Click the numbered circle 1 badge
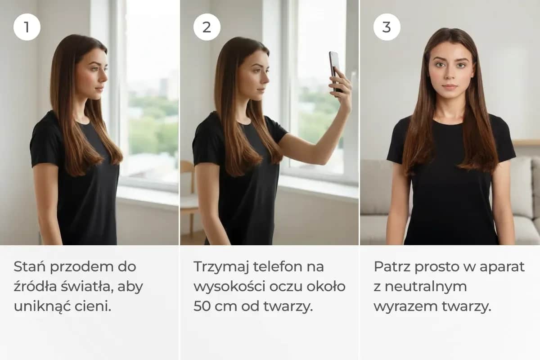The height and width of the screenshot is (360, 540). pos(27,27)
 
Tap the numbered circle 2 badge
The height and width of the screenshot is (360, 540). pos(207,27)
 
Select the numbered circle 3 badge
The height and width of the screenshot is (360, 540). pos(387,27)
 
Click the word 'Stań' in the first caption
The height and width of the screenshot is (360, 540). pos(29,267)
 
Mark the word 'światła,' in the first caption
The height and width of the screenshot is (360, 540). pos(77,287)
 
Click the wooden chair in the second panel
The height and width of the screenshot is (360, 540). pos(188,198)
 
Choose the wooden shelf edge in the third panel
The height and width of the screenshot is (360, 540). pos(526,142)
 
